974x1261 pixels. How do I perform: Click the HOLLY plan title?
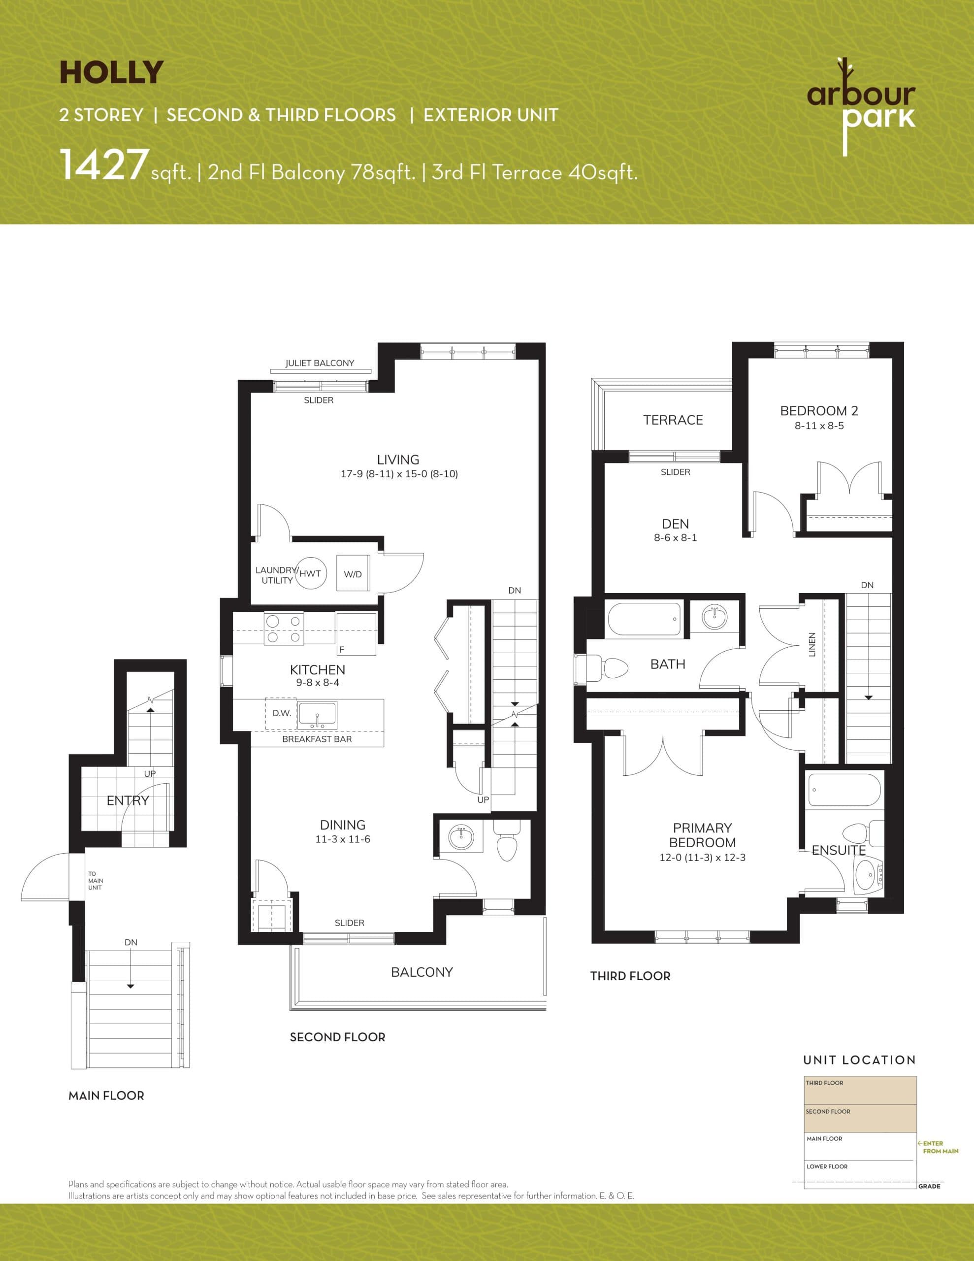point(111,73)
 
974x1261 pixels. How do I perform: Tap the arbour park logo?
point(860,107)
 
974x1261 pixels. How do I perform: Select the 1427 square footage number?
point(103,165)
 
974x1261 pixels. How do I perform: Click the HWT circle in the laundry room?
point(310,573)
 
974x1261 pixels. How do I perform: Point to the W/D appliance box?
point(352,573)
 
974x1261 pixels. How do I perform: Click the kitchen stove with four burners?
point(284,629)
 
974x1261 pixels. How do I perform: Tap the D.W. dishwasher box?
point(281,713)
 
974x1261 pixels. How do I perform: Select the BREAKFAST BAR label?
point(317,739)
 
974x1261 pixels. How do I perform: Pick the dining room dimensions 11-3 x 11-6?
point(342,839)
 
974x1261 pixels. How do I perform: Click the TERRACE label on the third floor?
point(673,420)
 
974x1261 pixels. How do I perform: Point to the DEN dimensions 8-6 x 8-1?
point(675,537)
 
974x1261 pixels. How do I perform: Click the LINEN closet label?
point(812,644)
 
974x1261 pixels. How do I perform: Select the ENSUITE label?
point(838,850)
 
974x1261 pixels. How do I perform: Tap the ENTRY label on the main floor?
point(128,800)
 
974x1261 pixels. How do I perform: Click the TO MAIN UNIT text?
point(95,881)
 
